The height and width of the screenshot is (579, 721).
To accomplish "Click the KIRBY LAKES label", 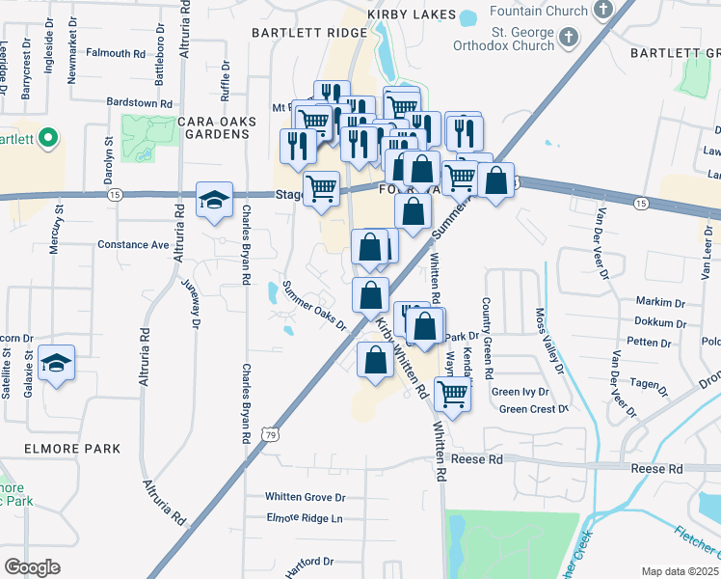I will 409,15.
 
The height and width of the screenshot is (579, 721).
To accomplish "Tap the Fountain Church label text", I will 539,11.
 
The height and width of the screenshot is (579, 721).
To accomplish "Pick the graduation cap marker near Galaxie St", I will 58,363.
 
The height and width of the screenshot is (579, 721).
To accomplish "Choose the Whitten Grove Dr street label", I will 306,497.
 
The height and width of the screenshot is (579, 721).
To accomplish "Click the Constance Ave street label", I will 133,245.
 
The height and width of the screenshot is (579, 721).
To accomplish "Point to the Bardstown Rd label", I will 139,102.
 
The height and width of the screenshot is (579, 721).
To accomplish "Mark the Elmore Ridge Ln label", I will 304,518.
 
